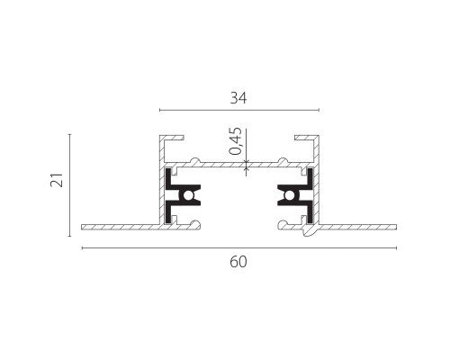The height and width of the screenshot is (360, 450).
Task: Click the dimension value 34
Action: coord(238,98)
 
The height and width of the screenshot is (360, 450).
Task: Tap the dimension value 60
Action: coord(238,262)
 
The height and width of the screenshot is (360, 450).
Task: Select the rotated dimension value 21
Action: coord(57,180)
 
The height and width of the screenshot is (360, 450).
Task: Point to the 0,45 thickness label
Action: coord(235,141)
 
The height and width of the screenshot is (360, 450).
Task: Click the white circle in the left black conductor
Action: coord(188,195)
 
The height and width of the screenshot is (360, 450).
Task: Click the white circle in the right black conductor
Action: coord(289,195)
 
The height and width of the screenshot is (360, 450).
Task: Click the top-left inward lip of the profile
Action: coord(173,138)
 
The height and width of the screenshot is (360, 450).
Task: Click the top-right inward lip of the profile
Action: coord(305,138)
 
